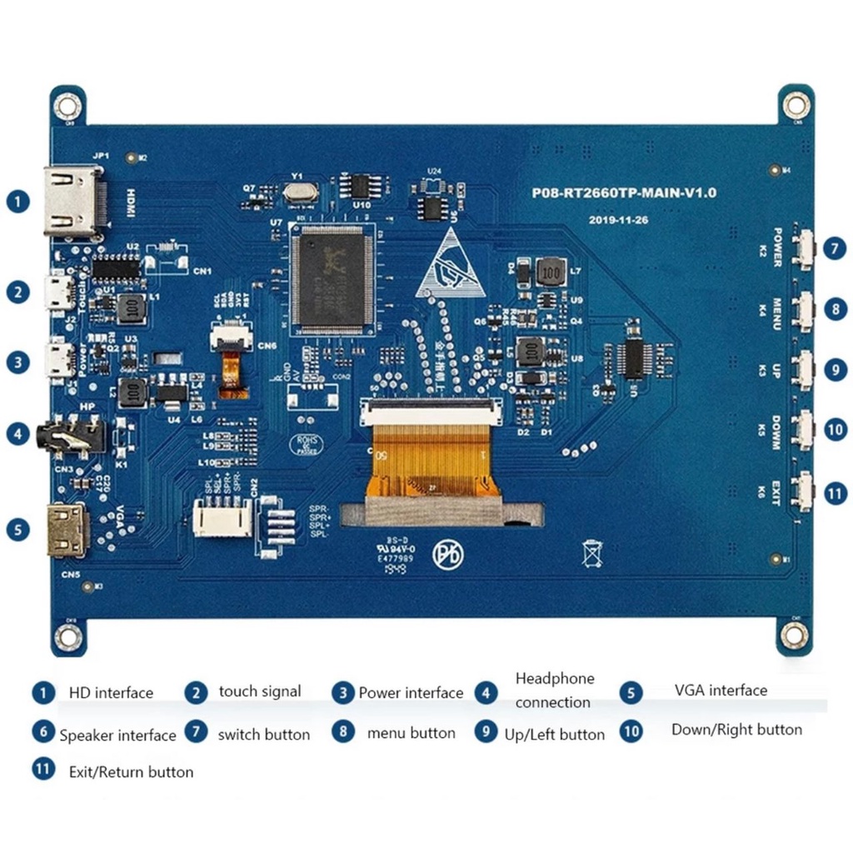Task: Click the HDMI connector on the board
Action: point(73,202)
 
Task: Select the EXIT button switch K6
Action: point(803,491)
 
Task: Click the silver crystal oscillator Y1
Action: point(299,192)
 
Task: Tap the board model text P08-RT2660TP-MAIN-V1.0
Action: point(624,192)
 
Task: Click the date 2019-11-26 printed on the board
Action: point(618,220)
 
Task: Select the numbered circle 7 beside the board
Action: point(834,248)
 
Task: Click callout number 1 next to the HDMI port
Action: point(17,201)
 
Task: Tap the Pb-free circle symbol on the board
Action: point(447,556)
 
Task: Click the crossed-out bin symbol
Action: point(592,553)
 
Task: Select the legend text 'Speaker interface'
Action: point(117,735)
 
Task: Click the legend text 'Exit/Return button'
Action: point(131,772)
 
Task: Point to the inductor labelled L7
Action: point(551,271)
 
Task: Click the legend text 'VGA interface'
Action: point(721,691)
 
